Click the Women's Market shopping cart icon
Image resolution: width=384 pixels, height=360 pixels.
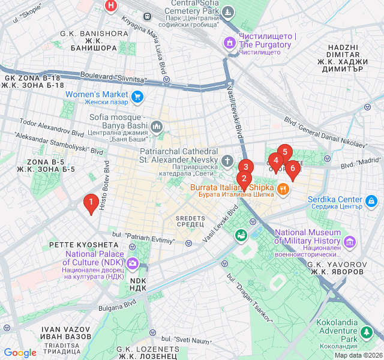coord(137,95)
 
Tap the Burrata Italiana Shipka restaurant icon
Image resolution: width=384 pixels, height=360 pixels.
coord(283,188)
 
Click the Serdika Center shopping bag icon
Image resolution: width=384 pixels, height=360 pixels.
coord(372,200)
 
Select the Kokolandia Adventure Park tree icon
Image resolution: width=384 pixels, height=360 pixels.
coord(367,331)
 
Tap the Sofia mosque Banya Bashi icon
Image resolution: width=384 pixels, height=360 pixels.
coord(157,127)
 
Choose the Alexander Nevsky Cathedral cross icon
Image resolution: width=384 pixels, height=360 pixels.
coord(227,161)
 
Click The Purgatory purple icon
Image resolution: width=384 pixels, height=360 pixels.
coord(229,42)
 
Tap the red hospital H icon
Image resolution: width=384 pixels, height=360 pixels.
coord(110,5)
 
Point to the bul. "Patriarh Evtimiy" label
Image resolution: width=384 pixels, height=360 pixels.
coord(141,238)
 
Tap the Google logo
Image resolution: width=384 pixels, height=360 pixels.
coord(20,353)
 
